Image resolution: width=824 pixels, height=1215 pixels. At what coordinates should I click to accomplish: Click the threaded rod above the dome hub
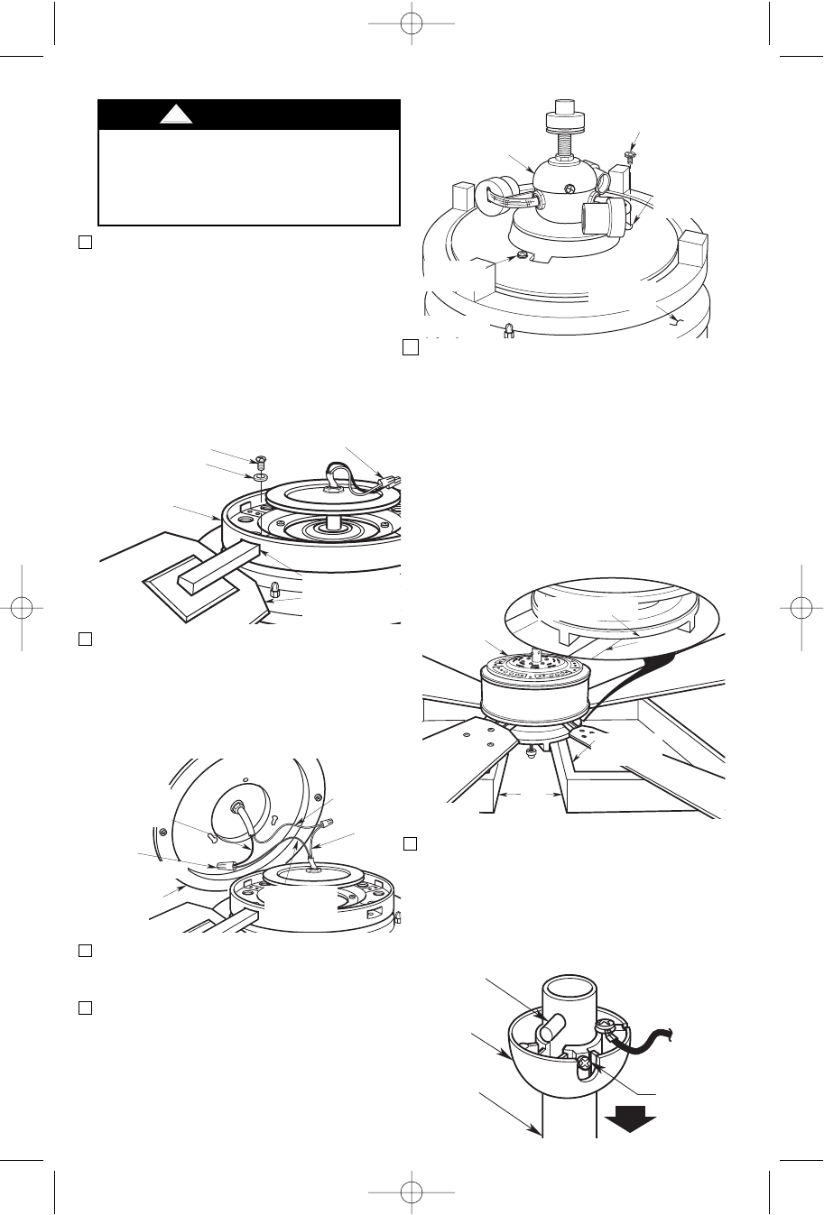click(x=565, y=143)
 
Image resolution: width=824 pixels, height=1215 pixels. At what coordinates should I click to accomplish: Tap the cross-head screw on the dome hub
click(x=567, y=190)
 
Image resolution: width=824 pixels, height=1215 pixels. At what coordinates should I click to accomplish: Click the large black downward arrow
click(x=629, y=1121)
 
